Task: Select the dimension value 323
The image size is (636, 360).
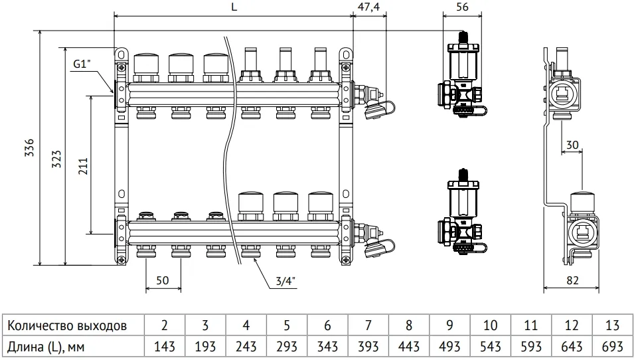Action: (56, 157)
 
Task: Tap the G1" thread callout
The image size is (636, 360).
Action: (81, 64)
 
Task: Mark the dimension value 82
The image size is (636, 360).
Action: (572, 281)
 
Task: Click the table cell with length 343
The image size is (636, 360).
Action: (327, 347)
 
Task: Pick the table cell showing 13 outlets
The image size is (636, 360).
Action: (612, 325)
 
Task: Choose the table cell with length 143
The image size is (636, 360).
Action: (164, 347)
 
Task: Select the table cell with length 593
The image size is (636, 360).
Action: (530, 347)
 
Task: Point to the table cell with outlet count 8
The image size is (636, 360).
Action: (408, 325)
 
